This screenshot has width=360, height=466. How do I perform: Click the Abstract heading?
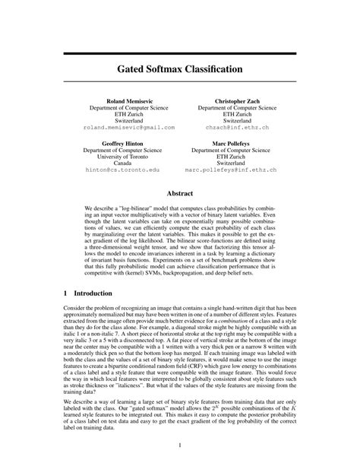[x=179, y=194]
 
